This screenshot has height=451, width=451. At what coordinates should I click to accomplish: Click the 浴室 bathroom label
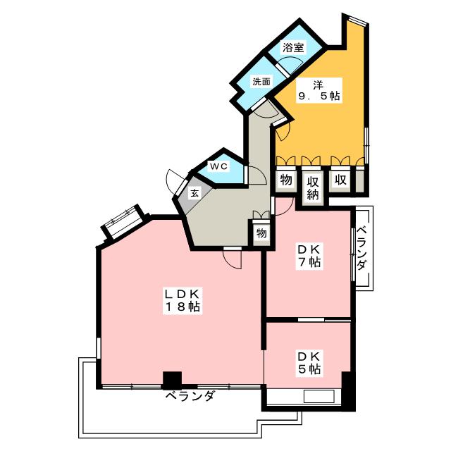[x=293, y=48]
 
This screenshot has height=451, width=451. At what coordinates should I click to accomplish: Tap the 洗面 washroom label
[x=261, y=81]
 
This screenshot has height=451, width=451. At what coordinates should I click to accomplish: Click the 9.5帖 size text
[x=319, y=97]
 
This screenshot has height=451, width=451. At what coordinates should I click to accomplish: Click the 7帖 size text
[x=309, y=262]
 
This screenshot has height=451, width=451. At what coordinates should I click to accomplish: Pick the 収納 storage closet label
[x=313, y=187]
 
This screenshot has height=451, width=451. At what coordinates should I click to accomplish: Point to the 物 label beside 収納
[x=285, y=180]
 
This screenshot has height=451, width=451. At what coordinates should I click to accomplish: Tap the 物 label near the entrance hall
[x=261, y=233]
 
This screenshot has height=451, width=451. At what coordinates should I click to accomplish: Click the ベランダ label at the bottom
[x=190, y=397]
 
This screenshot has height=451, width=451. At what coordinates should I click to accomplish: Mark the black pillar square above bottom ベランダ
[x=172, y=379]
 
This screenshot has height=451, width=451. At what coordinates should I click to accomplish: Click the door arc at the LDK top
[x=232, y=259]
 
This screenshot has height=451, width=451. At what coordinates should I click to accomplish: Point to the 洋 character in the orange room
[x=319, y=82]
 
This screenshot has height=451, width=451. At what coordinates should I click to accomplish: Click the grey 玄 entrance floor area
[x=194, y=201]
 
